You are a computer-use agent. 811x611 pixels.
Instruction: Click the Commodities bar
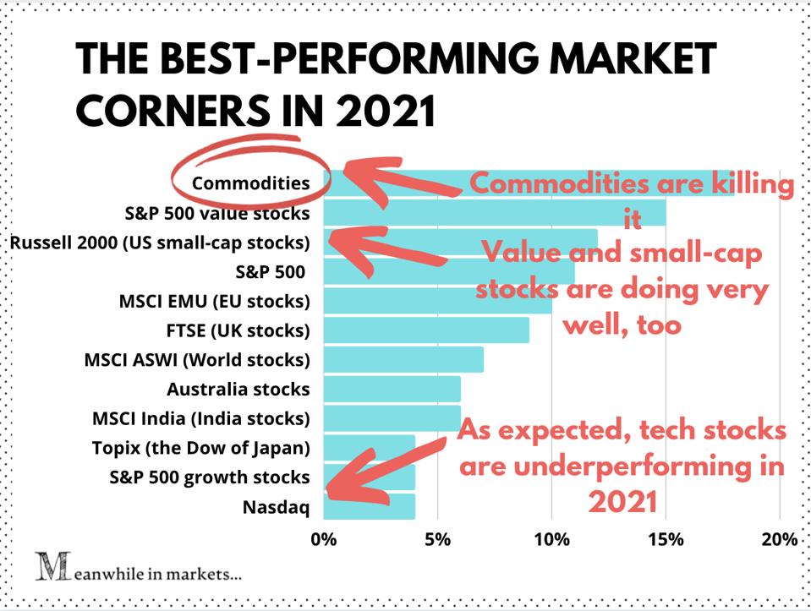529,183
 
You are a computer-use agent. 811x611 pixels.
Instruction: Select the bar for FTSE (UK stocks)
426,330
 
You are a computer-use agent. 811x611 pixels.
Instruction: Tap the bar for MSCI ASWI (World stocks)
403,359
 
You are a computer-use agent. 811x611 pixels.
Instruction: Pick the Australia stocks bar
392,389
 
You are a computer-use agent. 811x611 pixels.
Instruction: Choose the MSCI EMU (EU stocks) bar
437,300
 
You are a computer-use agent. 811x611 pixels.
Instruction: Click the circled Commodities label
251,183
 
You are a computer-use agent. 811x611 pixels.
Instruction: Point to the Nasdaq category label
277,507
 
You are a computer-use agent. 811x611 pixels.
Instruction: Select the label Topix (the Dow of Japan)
201,448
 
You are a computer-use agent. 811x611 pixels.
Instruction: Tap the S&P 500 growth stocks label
210,477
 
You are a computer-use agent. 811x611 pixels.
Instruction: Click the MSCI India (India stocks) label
201,418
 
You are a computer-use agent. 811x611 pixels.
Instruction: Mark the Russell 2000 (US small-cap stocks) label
161,243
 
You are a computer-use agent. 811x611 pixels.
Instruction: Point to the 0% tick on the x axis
324,540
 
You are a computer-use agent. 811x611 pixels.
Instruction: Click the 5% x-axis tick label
437,540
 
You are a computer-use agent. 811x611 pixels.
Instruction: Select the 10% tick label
552,540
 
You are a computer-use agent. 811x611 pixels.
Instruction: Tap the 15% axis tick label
666,540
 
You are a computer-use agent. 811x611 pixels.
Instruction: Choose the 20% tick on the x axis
780,540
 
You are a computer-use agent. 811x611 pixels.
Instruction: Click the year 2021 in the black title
386,111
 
